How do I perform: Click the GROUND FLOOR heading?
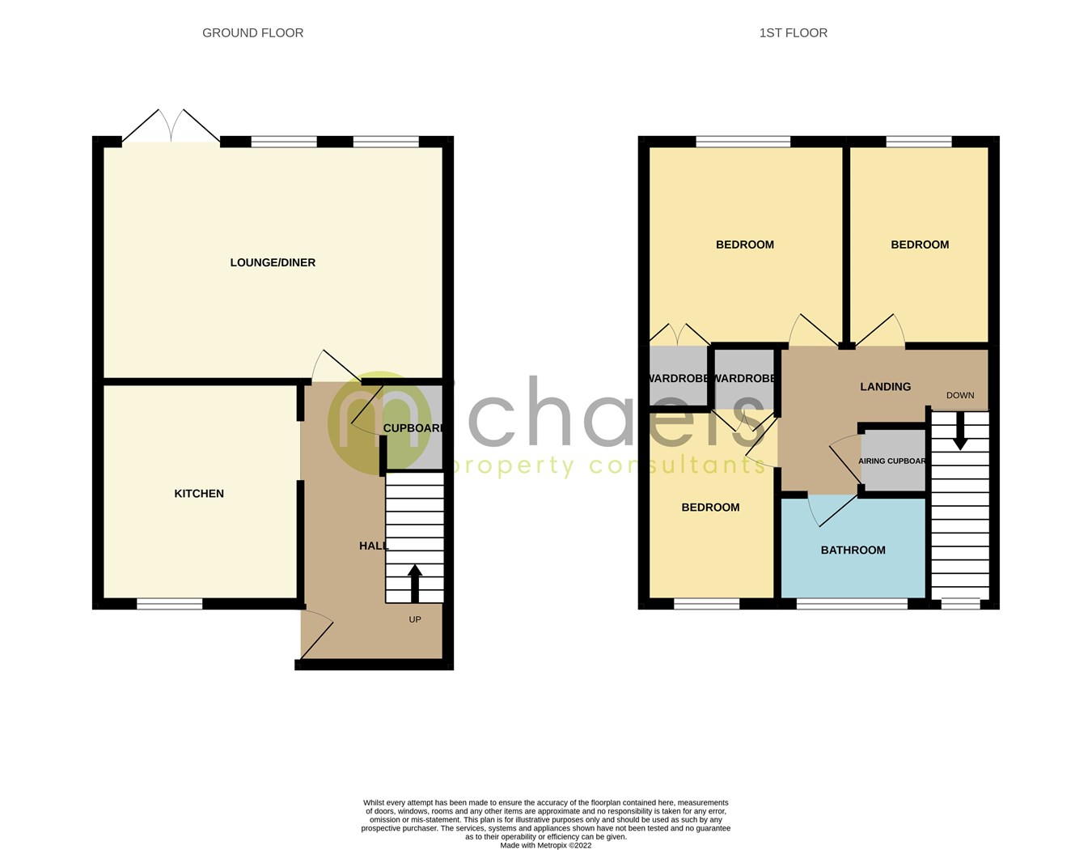tap(252, 33)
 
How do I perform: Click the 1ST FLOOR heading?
tap(793, 33)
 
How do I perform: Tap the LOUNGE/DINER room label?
tap(273, 262)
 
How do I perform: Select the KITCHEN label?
tap(199, 494)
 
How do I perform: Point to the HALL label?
tap(373, 546)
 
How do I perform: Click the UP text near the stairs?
tap(415, 620)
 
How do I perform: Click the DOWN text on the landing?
tap(960, 396)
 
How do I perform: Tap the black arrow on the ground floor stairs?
tap(415, 582)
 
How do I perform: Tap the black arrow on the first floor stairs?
tap(960, 432)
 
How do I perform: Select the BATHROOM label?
tap(853, 550)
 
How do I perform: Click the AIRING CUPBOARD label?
tap(892, 461)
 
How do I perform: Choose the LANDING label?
tap(885, 387)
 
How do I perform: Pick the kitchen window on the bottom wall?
tap(169, 604)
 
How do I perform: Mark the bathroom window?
tap(852, 604)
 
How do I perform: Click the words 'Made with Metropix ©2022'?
tap(546, 845)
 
